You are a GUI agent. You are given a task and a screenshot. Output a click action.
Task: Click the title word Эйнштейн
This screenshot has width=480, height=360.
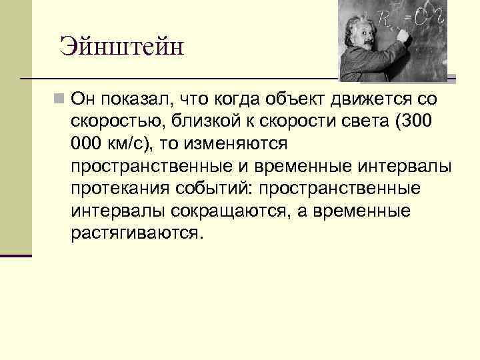tap(121, 46)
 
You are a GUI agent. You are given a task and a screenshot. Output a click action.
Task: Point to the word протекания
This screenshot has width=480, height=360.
tap(116, 189)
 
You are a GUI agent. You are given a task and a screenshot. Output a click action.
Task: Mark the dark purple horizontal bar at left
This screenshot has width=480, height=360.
tap(16, 255)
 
